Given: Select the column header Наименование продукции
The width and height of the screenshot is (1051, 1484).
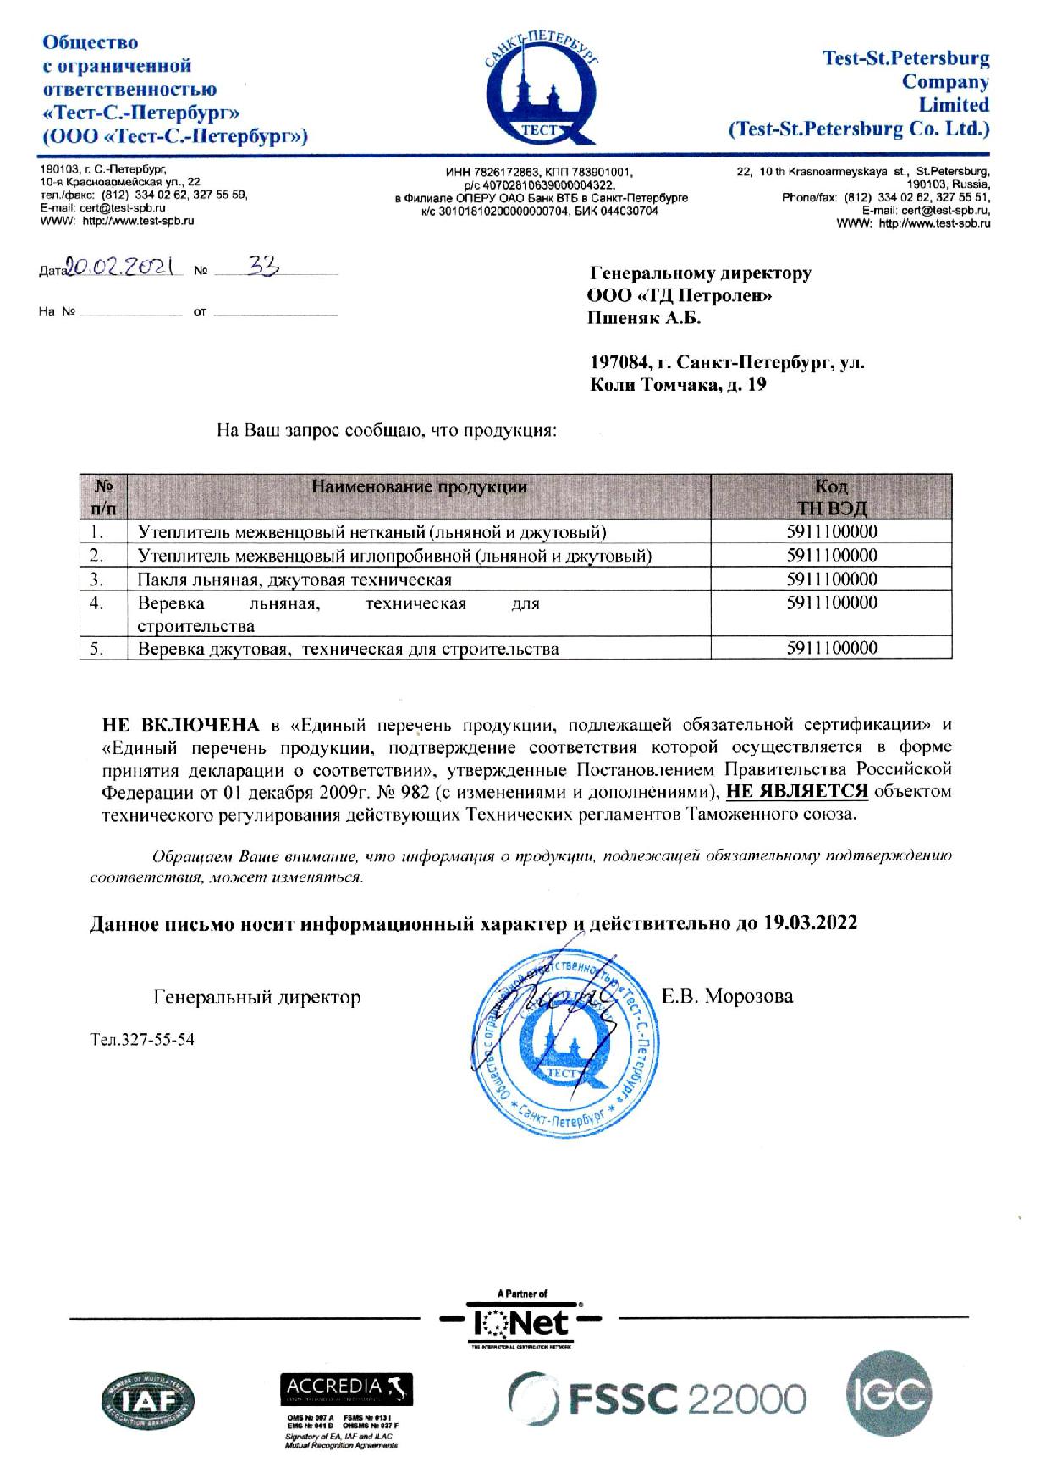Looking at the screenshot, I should click(x=419, y=486).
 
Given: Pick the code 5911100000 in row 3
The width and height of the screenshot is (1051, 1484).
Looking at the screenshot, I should click(x=831, y=580).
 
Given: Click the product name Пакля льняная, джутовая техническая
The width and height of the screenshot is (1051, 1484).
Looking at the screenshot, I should click(x=294, y=580).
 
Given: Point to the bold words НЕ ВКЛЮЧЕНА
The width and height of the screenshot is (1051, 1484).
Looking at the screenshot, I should click(x=180, y=724).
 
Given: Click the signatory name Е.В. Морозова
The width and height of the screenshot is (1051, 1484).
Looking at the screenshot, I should click(x=728, y=996).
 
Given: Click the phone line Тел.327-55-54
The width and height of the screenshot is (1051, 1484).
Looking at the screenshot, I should click(x=142, y=1039).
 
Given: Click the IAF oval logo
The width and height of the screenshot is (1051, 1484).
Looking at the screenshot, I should click(x=149, y=1401).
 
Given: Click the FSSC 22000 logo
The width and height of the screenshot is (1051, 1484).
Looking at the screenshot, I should click(x=656, y=1397).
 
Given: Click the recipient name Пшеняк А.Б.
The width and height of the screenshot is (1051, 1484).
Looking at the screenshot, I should click(x=644, y=318).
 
